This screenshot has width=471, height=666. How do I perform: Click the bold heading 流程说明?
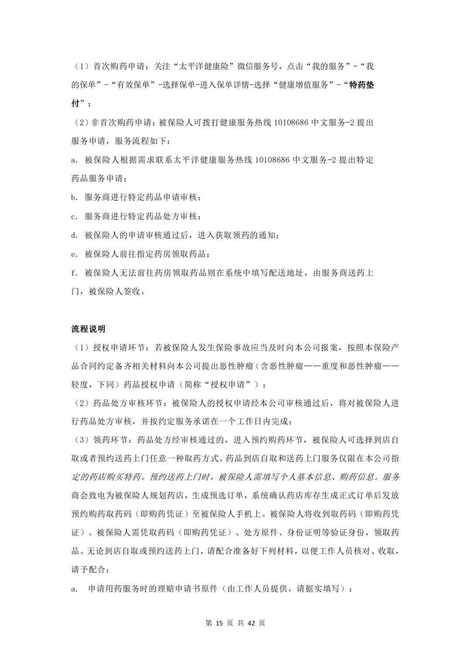(88, 329)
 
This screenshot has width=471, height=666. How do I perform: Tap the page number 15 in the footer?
(219, 623)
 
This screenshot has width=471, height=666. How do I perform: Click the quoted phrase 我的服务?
(328, 66)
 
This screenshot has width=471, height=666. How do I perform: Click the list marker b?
(74, 198)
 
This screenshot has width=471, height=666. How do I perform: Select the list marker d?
(74, 236)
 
